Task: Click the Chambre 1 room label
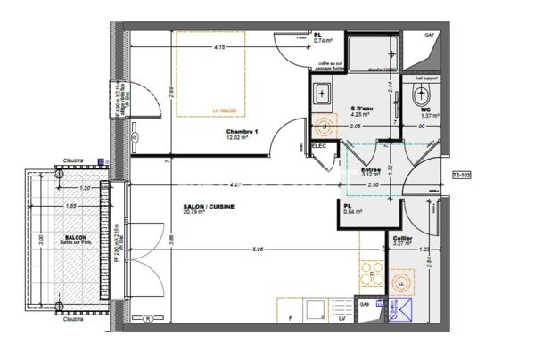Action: coord(242,133)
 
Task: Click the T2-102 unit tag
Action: coord(462,175)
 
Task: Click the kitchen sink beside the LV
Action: coord(316,308)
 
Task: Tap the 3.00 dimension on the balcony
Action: coord(40,241)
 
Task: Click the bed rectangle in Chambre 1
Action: coord(210,74)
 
